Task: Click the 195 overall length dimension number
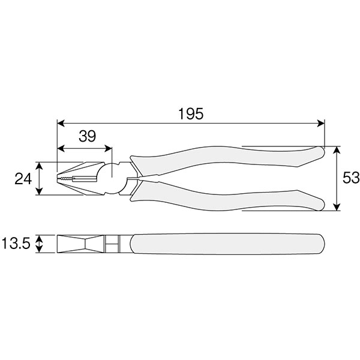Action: click(191, 113)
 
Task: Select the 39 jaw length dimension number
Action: click(87, 136)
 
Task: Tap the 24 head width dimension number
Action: click(23, 179)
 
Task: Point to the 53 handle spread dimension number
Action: click(351, 178)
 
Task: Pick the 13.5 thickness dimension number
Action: click(16, 244)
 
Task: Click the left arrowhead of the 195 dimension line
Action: click(61, 123)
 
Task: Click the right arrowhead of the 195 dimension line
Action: click(321, 123)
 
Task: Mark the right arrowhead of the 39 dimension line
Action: click(108, 149)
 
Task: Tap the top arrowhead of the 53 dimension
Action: click(337, 150)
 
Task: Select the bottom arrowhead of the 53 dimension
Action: click(337, 206)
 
